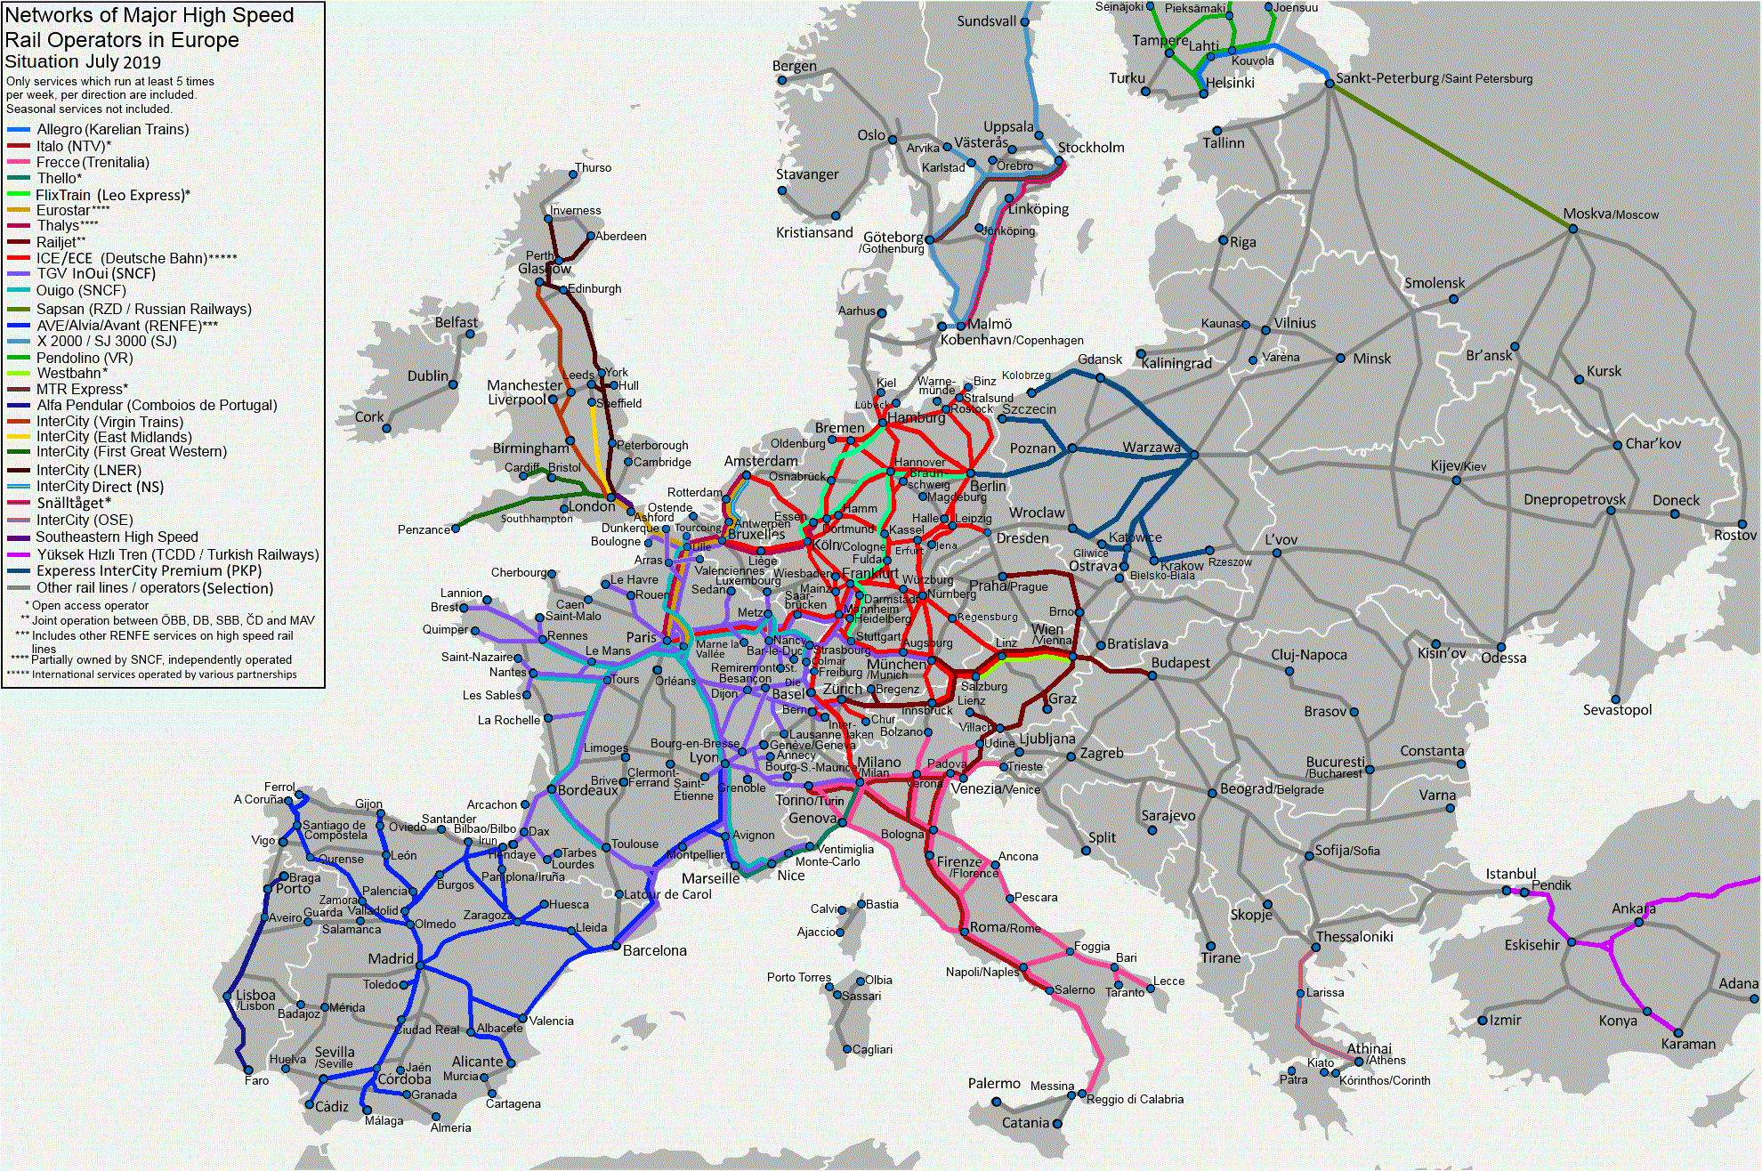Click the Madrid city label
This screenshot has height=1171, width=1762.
(391, 958)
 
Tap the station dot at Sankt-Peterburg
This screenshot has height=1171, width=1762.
(1330, 83)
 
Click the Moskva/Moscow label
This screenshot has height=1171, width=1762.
(1611, 214)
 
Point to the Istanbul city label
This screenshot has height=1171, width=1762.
(1510, 874)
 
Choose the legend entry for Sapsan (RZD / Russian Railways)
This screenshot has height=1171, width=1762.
(143, 309)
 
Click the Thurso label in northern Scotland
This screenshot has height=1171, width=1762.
(593, 167)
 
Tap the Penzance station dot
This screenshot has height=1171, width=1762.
(456, 528)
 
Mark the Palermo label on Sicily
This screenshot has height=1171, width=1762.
(994, 1083)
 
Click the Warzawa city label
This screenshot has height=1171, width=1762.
(1151, 447)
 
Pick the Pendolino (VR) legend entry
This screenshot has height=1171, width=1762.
(85, 358)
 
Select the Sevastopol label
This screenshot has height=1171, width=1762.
(1617, 709)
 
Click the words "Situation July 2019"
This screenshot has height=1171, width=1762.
(83, 61)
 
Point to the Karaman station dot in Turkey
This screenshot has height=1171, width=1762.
(1678, 1032)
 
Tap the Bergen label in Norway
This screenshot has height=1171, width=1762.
(794, 65)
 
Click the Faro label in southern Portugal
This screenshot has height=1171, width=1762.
(256, 1080)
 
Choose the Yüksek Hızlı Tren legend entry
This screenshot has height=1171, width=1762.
(177, 554)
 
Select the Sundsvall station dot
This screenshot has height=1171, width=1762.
(1024, 21)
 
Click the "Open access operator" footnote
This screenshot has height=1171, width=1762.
(90, 605)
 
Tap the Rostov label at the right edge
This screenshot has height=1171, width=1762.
(1736, 535)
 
